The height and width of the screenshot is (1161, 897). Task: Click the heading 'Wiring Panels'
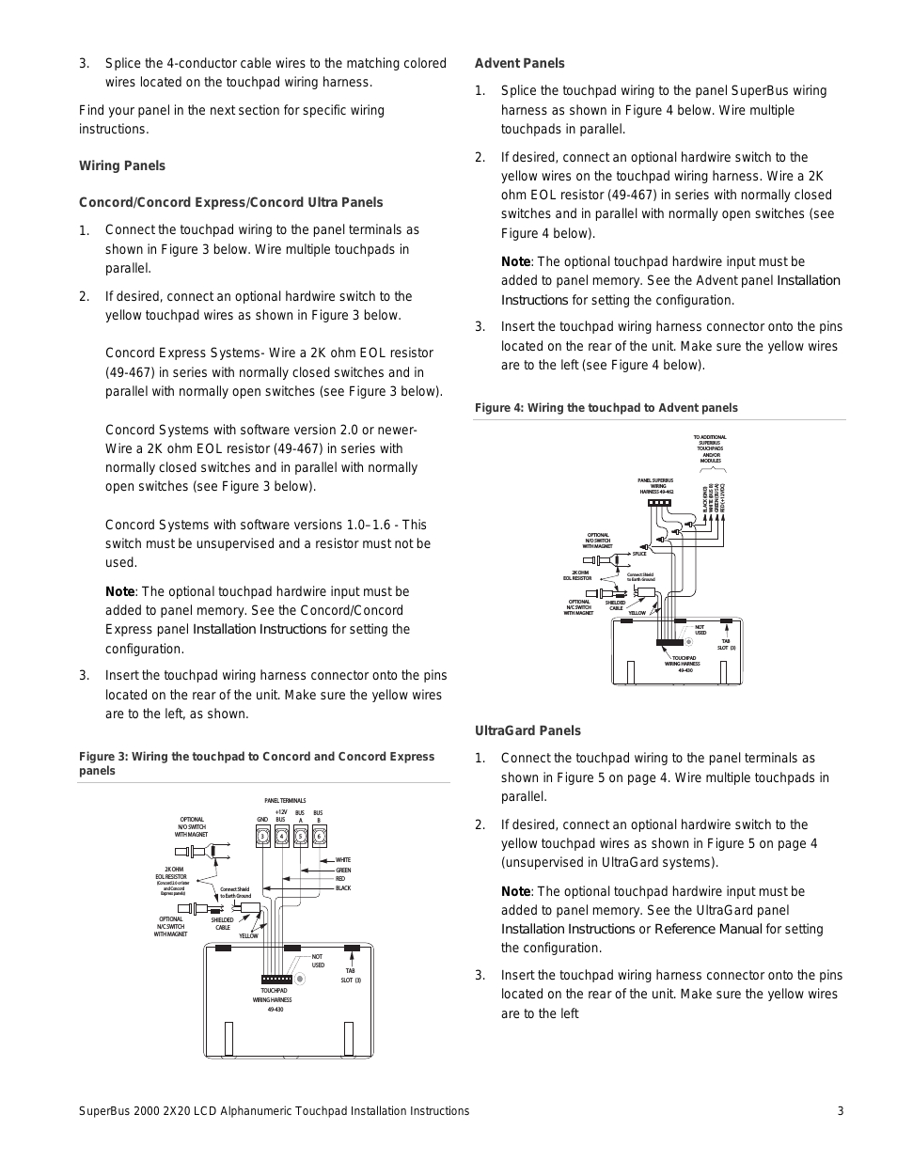(122, 165)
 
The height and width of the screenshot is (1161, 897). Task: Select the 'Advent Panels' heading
(520, 63)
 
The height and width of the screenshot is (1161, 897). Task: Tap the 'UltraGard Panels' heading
(527, 730)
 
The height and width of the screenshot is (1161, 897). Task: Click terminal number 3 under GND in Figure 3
(263, 837)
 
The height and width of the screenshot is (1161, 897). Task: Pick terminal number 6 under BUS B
(319, 837)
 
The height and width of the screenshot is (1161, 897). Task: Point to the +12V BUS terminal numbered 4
(281, 837)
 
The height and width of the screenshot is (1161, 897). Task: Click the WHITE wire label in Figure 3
(343, 860)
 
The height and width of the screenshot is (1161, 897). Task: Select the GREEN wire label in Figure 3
(343, 871)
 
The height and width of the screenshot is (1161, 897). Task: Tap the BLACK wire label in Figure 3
(343, 888)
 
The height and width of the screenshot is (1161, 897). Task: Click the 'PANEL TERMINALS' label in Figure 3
(285, 801)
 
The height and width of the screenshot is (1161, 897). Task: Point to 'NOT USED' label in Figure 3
(318, 961)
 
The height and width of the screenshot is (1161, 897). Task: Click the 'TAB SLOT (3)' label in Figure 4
(726, 645)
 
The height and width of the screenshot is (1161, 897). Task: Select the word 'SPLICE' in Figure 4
(639, 554)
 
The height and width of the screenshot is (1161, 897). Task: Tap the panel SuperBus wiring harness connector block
(659, 502)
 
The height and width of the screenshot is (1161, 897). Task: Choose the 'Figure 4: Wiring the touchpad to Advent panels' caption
(606, 408)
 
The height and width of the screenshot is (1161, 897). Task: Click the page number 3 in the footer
(841, 1111)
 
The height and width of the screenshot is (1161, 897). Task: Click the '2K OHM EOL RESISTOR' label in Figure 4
(579, 575)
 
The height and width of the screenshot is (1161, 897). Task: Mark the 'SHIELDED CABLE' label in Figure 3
(222, 924)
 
